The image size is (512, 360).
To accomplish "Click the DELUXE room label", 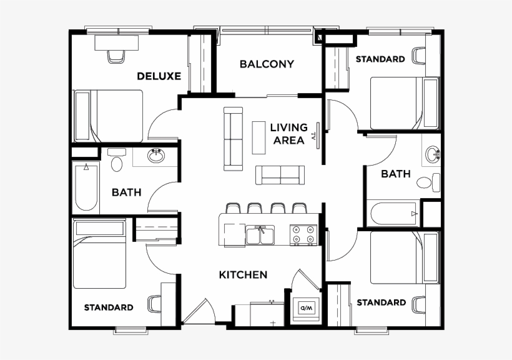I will [x=159, y=76].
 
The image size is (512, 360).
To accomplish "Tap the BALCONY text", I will [x=267, y=64].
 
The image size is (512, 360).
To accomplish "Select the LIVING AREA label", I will [x=288, y=134].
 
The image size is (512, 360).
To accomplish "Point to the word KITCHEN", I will [x=243, y=274].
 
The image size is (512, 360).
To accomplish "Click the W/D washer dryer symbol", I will [x=306, y=307].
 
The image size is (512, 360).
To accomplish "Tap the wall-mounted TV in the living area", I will [x=318, y=134].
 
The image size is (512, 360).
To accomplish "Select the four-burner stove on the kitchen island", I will [x=303, y=234].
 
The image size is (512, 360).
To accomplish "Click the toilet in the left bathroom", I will [x=116, y=163].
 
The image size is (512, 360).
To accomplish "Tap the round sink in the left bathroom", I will [x=156, y=156].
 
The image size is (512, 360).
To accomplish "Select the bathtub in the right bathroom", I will [x=393, y=213].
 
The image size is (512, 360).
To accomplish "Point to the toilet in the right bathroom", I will [x=426, y=183].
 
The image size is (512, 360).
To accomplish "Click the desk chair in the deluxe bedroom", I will [x=117, y=56].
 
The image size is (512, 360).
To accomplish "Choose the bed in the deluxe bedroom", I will [x=109, y=116].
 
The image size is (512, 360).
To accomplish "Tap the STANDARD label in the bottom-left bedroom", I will [x=109, y=307].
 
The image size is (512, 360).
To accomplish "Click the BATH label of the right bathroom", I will [x=396, y=174].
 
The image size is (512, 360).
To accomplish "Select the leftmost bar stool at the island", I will [x=232, y=207].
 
